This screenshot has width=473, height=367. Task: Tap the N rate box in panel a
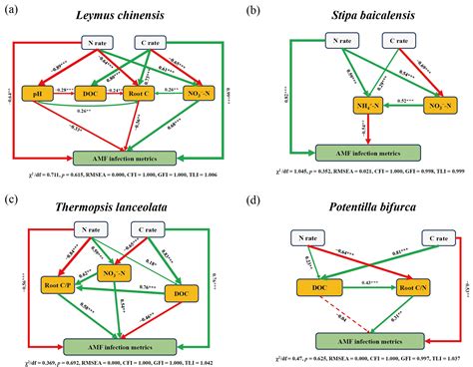pos(100,44)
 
